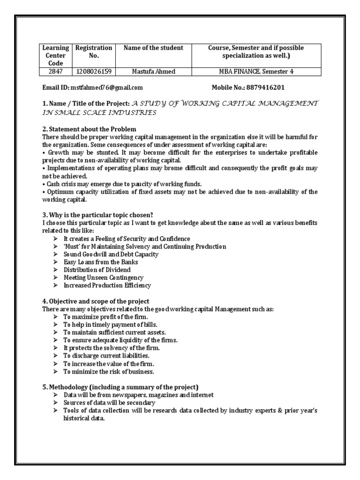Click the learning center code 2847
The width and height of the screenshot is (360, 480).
[x=56, y=72]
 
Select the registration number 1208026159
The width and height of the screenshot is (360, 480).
[x=94, y=72]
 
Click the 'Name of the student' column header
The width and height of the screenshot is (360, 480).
[x=153, y=48]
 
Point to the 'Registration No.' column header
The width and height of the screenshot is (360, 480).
[x=94, y=52]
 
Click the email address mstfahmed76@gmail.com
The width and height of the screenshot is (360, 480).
[x=106, y=88]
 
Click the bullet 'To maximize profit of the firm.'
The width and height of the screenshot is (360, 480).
[x=102, y=317]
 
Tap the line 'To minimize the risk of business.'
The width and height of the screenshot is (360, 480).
[x=109, y=372]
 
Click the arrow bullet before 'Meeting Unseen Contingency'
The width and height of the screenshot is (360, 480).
[x=55, y=278]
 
